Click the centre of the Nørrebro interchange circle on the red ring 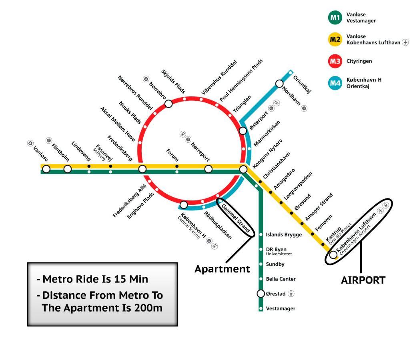168,104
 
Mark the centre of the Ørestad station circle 261,294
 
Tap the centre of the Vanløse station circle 46,169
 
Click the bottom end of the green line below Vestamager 261,311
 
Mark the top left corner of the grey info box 28,263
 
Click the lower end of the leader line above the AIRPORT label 361,272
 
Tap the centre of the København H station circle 184,205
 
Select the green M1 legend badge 335,18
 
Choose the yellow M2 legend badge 335,40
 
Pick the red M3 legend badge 335,61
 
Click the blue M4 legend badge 335,83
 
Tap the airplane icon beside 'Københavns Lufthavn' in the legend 405,42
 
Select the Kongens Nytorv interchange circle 243,169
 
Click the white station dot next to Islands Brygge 261,234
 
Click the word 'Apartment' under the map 223,269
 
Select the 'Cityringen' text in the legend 359,61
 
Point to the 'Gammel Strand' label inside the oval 236,218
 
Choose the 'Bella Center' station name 281,279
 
